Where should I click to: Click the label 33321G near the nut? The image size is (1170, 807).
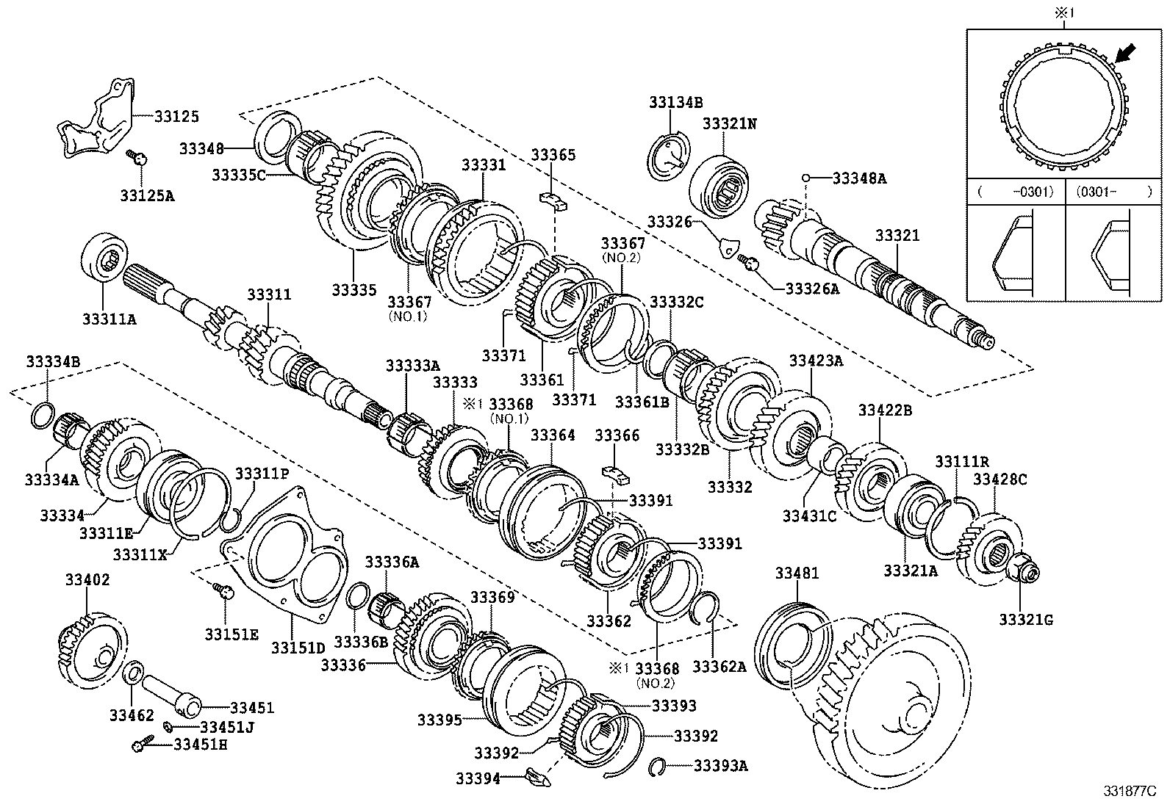click(1026, 620)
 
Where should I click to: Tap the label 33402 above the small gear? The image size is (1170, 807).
click(87, 580)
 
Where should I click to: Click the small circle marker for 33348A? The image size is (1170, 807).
click(805, 178)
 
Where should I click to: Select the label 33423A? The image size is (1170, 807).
click(817, 361)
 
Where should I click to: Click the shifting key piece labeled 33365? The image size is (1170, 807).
click(554, 200)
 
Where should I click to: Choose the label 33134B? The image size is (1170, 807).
click(675, 102)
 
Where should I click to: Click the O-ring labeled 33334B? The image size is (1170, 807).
click(43, 415)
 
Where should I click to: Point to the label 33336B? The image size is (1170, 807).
click(361, 641)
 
